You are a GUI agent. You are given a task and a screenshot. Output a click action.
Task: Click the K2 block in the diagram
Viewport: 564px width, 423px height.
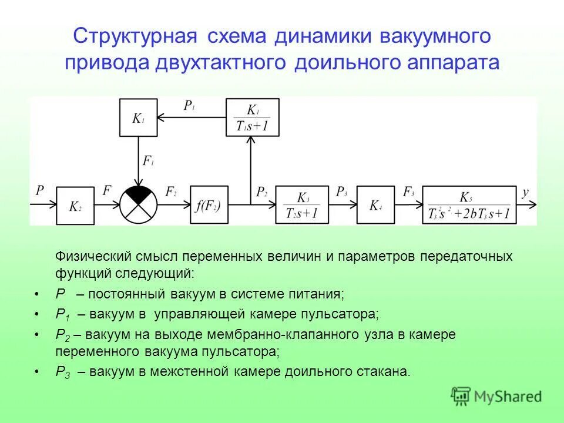coord(75,206)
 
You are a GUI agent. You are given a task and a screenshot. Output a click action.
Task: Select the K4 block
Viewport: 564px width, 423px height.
coord(375,205)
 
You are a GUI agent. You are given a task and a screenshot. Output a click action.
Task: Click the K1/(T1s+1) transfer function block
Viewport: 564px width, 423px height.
coord(253,117)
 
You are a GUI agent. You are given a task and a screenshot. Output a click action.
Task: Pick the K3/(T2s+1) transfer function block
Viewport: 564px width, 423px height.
coord(302,205)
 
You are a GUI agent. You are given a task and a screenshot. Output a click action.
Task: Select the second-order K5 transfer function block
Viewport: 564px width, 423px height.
coord(469,205)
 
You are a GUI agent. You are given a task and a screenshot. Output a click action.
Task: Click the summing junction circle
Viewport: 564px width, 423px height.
coord(139,205)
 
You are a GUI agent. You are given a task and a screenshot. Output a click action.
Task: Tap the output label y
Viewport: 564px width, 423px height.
coord(525,192)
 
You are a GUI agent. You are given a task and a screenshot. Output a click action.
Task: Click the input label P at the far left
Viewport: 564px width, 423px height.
coord(40,190)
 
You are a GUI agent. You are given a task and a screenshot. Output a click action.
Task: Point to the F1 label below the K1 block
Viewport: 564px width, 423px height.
coord(149,160)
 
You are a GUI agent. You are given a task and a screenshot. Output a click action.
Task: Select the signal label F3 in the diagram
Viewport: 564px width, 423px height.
coord(408,192)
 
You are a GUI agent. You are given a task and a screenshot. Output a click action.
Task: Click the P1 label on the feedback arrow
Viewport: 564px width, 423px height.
coord(189,106)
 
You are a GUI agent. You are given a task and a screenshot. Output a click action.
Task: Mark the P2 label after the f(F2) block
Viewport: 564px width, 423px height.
coord(261,192)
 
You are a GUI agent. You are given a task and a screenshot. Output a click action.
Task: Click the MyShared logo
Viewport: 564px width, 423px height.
coord(496,396)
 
